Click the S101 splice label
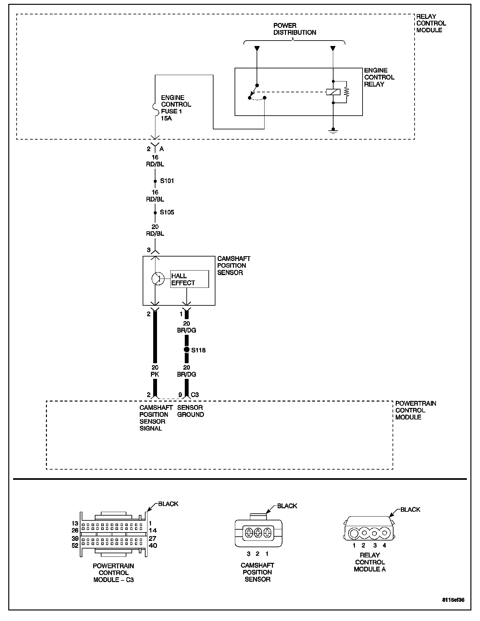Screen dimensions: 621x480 [167, 181]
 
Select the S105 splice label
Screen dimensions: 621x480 [167, 212]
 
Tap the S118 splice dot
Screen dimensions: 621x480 [187, 350]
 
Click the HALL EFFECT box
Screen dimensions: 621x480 [190, 279]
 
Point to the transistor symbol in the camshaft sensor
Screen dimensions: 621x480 [157, 279]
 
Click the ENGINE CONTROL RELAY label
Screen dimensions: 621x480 [379, 77]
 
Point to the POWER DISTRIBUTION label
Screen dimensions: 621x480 [295, 29]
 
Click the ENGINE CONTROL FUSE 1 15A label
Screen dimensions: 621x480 [176, 108]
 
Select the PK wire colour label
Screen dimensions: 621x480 [155, 374]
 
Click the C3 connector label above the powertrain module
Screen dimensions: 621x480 [195, 395]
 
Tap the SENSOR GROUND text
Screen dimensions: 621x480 [191, 411]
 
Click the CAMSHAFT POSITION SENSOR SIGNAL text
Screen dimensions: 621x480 [156, 418]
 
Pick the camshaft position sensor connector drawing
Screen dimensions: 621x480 [258, 533]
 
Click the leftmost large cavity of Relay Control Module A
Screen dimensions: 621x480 [354, 533]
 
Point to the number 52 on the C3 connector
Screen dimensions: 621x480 [75, 546]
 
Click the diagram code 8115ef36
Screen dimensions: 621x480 [453, 600]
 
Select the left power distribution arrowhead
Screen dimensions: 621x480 [257, 49]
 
